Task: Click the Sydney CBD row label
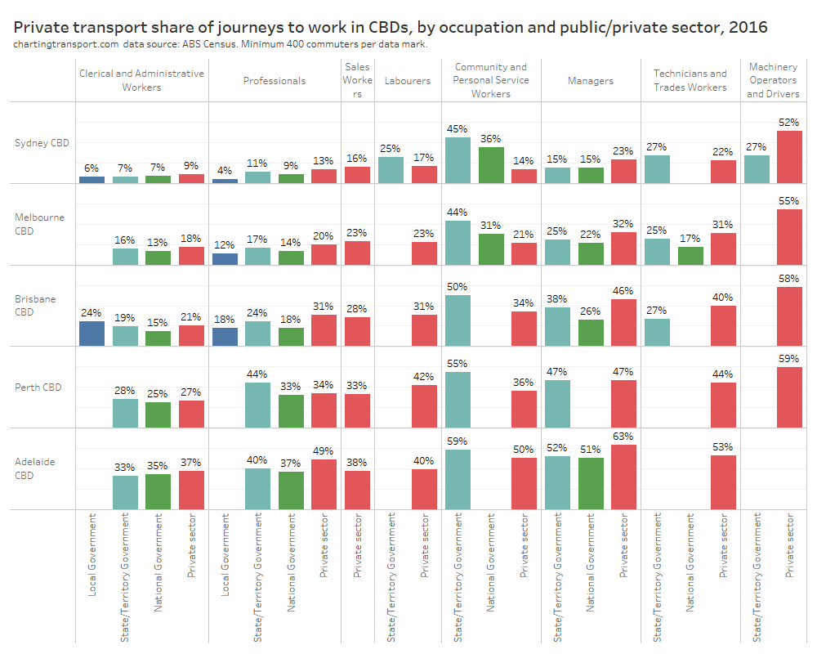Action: [42, 142]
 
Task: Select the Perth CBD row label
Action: [39, 387]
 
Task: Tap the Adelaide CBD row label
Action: [35, 468]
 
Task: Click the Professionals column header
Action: [275, 81]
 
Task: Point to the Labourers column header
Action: [408, 81]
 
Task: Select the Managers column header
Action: [591, 81]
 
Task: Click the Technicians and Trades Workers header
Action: [690, 80]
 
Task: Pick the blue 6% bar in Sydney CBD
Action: [92, 179]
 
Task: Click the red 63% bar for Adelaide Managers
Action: [623, 477]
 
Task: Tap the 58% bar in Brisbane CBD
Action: [790, 316]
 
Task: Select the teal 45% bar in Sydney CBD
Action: [458, 160]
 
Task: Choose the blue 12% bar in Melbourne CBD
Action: [225, 258]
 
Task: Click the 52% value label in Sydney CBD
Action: [790, 123]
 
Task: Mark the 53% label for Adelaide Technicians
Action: [723, 447]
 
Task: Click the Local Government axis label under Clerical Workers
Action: [92, 554]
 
